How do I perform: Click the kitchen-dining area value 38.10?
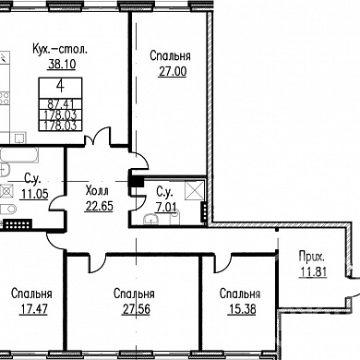[x=62, y=64]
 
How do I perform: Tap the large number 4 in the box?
[x=60, y=86]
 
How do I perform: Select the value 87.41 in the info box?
[x=61, y=104]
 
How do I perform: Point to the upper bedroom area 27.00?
[x=173, y=71]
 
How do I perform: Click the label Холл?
[x=97, y=191]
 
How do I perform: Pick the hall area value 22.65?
[x=99, y=206]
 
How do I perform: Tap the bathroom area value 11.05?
[x=35, y=194]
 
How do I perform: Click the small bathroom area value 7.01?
[x=166, y=207]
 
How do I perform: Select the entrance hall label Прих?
[x=312, y=257]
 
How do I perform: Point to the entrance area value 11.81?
[x=313, y=271]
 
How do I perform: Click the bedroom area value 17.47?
[x=34, y=309]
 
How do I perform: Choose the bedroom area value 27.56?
[x=137, y=309]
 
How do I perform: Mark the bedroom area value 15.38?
[x=242, y=309]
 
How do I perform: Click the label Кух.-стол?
[x=60, y=49]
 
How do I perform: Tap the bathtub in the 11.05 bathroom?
[x=19, y=155]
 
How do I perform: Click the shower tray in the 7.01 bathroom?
[x=194, y=190]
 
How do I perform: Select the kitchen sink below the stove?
[x=19, y=138]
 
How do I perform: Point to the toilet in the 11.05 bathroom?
[x=8, y=210]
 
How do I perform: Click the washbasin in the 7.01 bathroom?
[x=150, y=219]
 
